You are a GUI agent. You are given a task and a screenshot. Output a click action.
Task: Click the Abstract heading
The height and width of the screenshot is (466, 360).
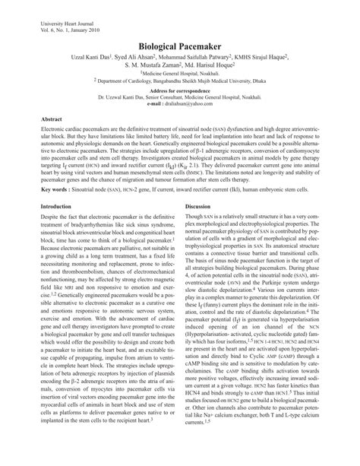point(52,119)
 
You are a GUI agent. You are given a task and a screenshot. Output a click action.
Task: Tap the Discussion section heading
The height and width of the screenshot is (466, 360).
point(197,206)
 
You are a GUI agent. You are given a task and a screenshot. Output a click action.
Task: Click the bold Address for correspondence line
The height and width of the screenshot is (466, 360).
point(181,90)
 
